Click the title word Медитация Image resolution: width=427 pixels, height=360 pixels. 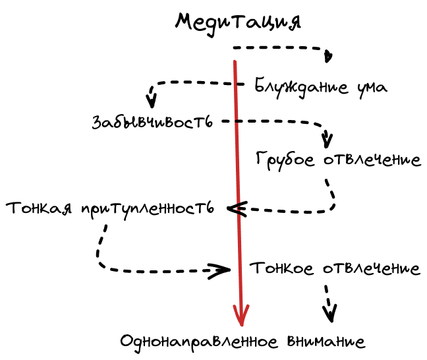click(238, 21)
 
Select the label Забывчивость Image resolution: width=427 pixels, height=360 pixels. click(152, 122)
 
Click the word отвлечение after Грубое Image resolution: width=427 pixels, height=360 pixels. click(372, 159)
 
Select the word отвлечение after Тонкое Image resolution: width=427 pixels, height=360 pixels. click(372, 269)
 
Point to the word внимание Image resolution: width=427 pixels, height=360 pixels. click(326, 342)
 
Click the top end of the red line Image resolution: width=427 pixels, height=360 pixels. click(235, 62)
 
